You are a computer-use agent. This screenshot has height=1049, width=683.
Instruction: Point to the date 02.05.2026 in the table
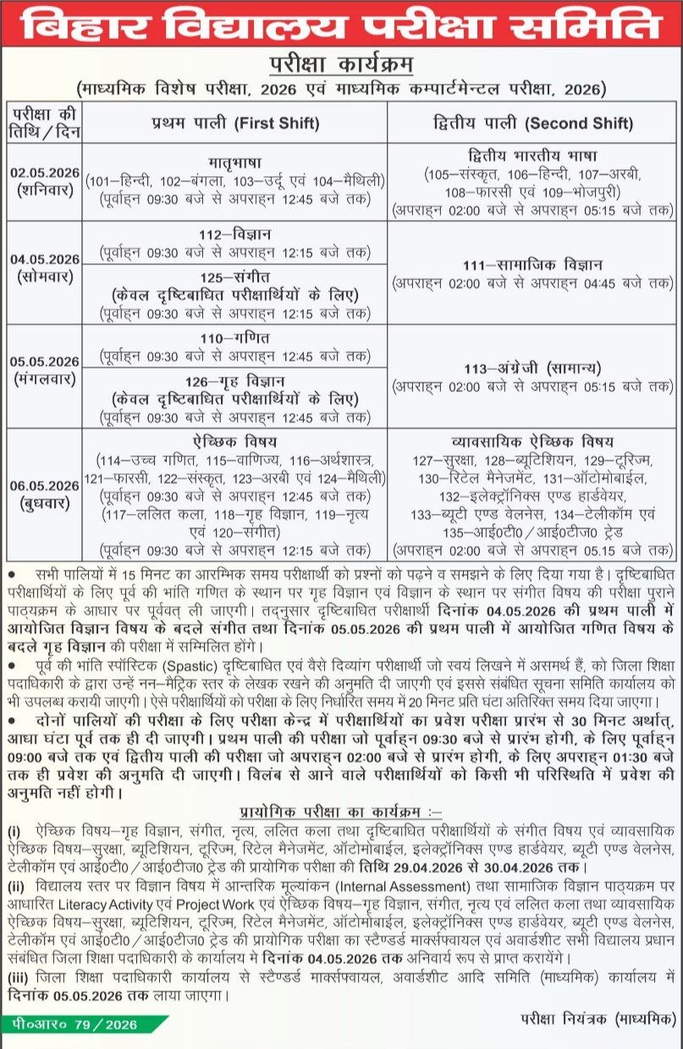coord(45,173)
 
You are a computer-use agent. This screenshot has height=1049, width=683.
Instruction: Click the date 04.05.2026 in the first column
coord(45,259)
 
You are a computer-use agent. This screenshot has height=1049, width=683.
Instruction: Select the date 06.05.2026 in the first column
coord(45,487)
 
